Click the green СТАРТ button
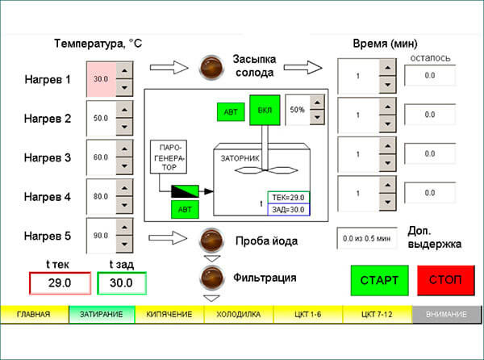(379, 280)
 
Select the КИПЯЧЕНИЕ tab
(169, 314)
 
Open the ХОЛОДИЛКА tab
(238, 314)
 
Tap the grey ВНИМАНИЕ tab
(446, 314)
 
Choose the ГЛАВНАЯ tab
(34, 314)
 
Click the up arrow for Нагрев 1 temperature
(124, 71)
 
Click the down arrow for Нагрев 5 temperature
(124, 245)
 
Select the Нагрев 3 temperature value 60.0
(101, 157)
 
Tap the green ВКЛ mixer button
(265, 111)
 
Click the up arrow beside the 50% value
(317, 103)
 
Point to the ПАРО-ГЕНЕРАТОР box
(169, 157)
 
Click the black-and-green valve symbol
(185, 191)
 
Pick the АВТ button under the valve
(185, 210)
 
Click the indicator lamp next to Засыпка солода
(211, 67)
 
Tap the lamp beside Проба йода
(211, 241)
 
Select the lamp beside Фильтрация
(211, 277)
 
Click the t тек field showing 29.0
(60, 283)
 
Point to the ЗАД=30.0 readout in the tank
(288, 210)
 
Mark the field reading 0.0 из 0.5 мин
(367, 238)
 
